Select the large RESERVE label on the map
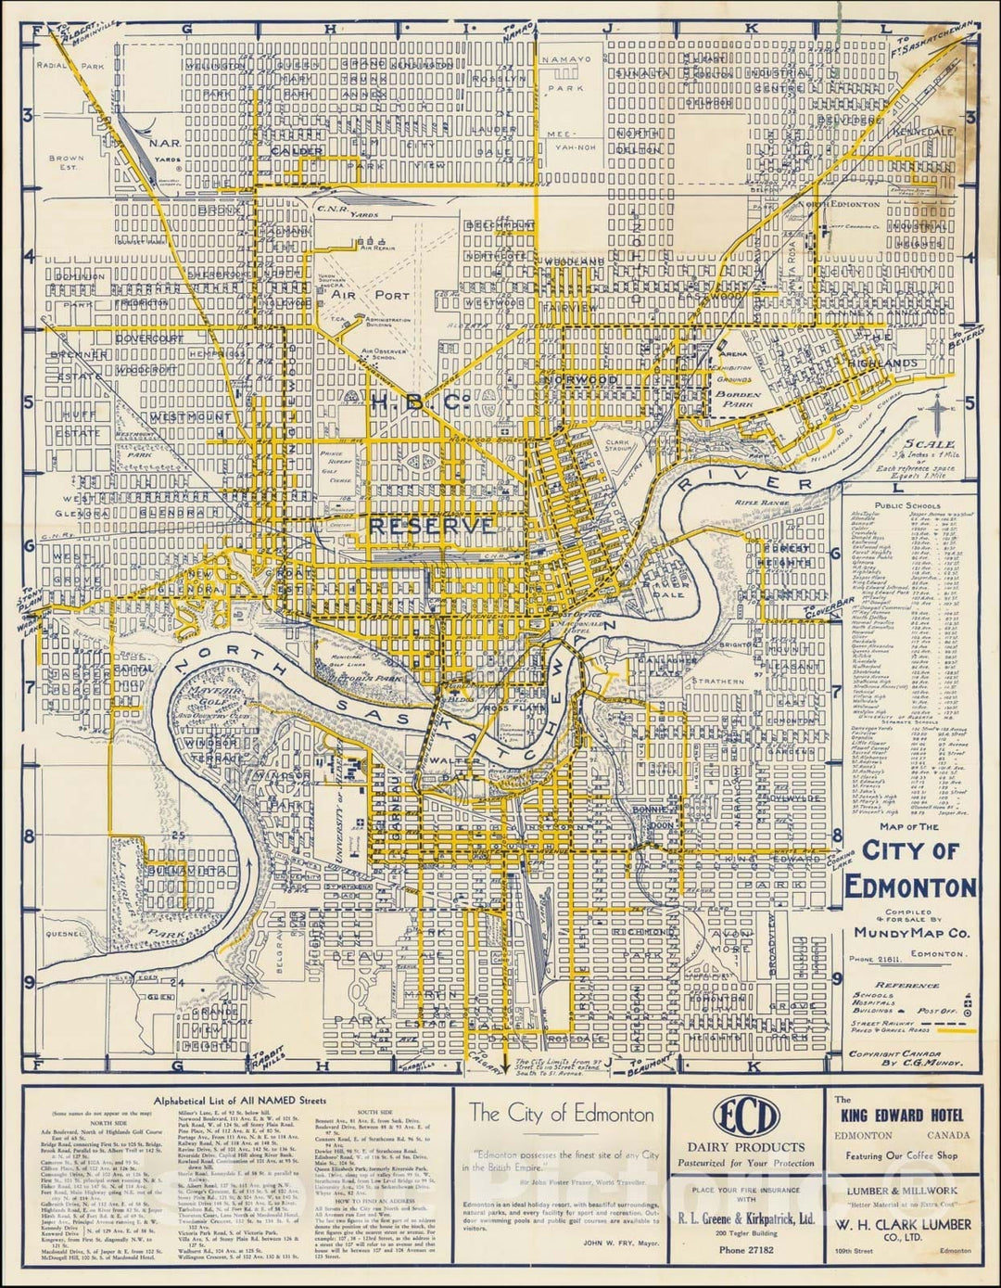coord(431,525)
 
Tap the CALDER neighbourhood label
coord(298,151)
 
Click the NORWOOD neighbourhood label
coord(582,380)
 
